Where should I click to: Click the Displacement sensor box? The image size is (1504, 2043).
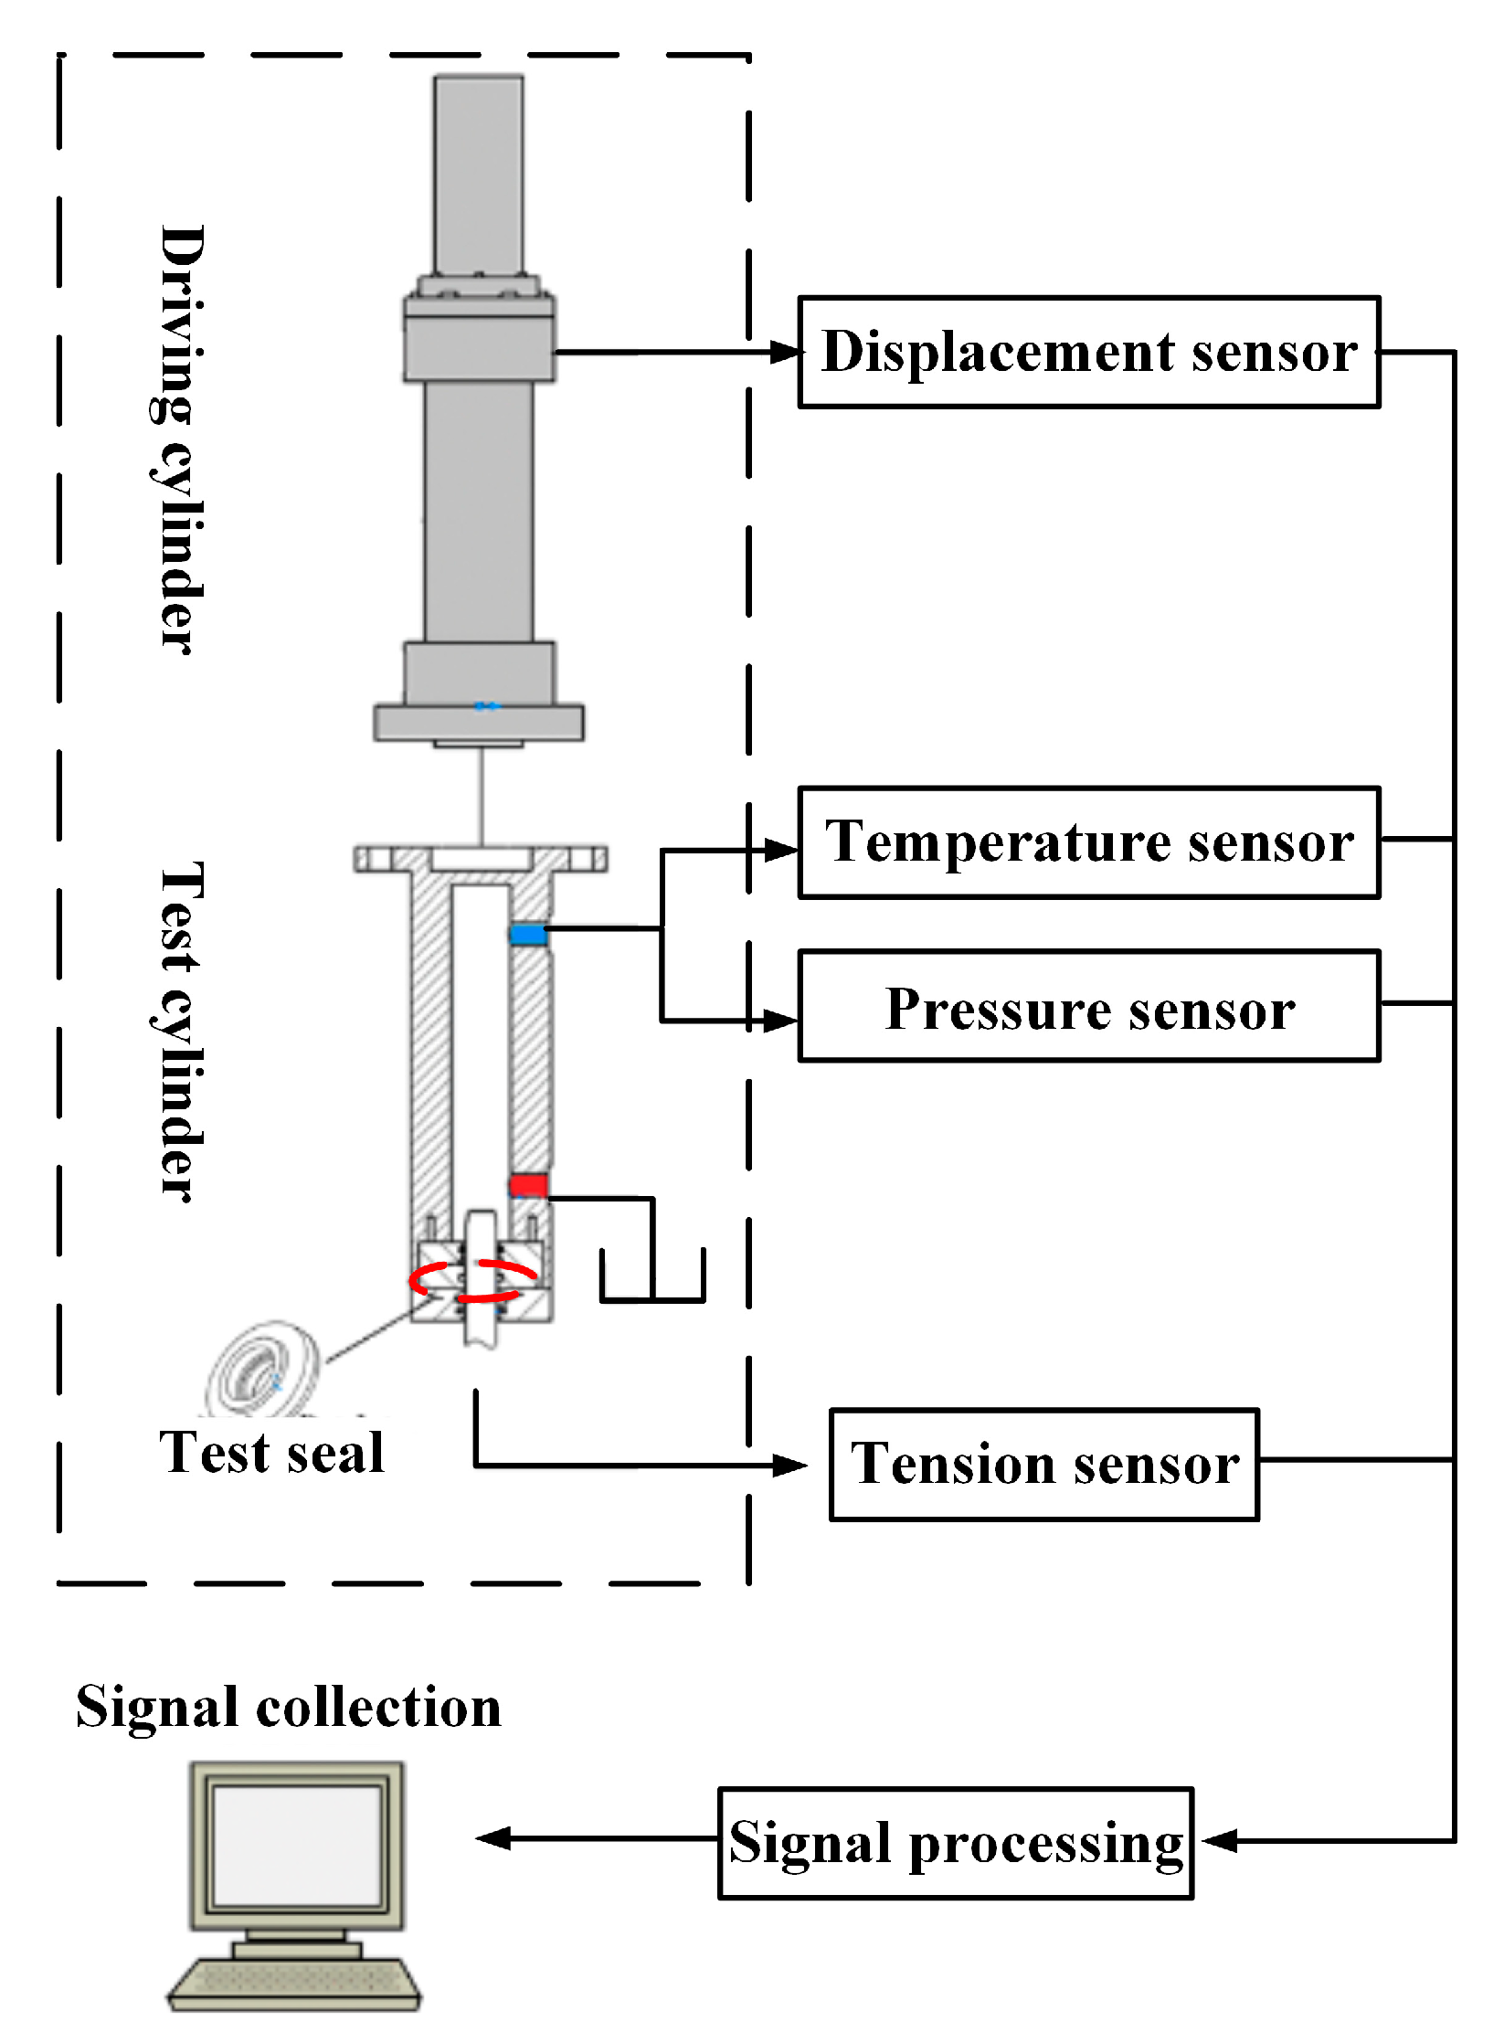(1088, 352)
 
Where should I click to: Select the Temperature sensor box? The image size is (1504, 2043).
(1088, 842)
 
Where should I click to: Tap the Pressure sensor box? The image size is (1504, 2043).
(1088, 1006)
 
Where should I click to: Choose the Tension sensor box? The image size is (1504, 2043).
(1044, 1465)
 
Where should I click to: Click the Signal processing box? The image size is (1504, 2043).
(956, 1843)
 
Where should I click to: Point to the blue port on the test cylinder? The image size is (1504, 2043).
(528, 933)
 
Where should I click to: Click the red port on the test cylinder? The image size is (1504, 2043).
(528, 1185)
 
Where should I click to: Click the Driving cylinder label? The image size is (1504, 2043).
(178, 439)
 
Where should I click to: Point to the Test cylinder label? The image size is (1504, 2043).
(178, 1032)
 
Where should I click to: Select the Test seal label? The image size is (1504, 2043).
(271, 1453)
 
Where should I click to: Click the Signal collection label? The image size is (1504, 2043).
(289, 1706)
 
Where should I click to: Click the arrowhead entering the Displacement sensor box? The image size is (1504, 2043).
(786, 352)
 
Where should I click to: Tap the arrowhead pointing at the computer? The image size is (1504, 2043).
(493, 1838)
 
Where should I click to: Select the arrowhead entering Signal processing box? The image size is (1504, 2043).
(1218, 1841)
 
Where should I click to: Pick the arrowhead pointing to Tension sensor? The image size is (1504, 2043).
(789, 1466)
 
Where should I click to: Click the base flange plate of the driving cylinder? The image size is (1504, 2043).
(479, 722)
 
